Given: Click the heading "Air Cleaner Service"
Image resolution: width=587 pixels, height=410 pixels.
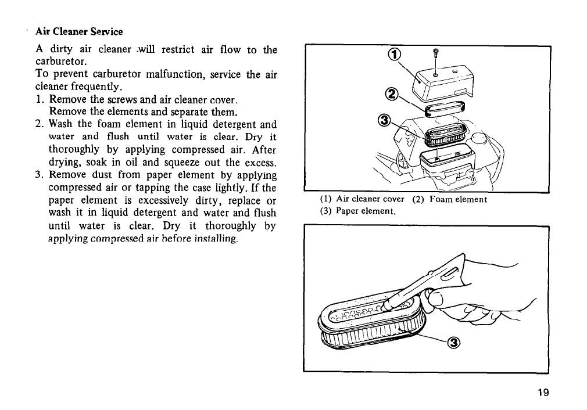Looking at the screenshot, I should coord(79,31).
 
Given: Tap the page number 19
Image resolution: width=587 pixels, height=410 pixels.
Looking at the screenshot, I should coord(543,392).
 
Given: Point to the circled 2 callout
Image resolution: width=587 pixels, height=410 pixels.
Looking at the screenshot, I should coord(392,94).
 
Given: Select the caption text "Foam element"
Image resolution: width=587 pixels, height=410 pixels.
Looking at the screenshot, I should coord(459,200).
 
